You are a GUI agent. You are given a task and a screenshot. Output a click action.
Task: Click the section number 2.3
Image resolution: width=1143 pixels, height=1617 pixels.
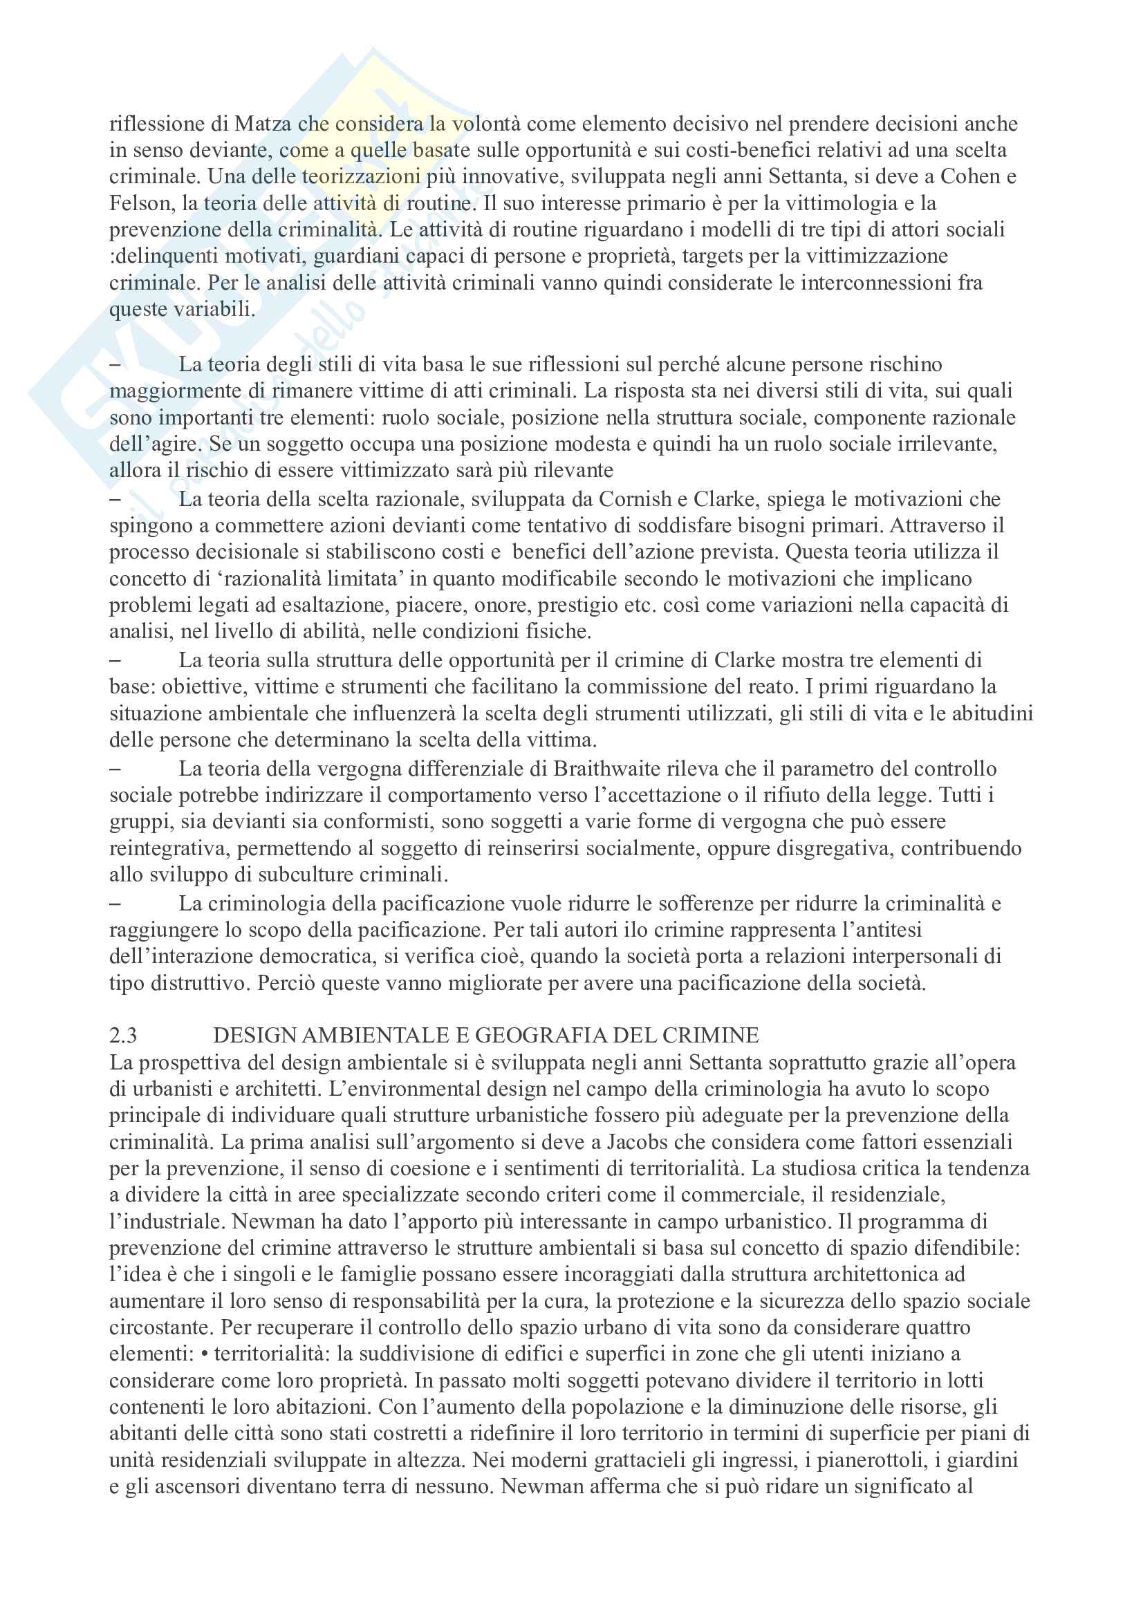pos(123,1036)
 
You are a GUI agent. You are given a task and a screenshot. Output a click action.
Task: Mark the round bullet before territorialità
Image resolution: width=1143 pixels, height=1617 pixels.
pos(205,1354)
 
